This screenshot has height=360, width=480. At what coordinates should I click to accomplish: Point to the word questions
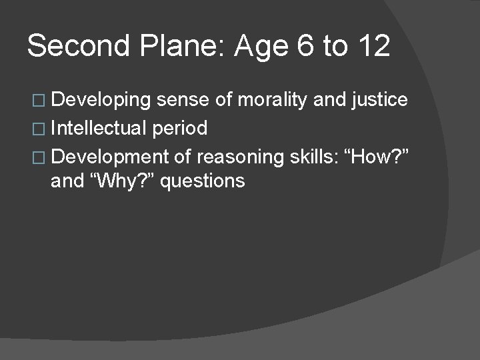pos(203,181)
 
